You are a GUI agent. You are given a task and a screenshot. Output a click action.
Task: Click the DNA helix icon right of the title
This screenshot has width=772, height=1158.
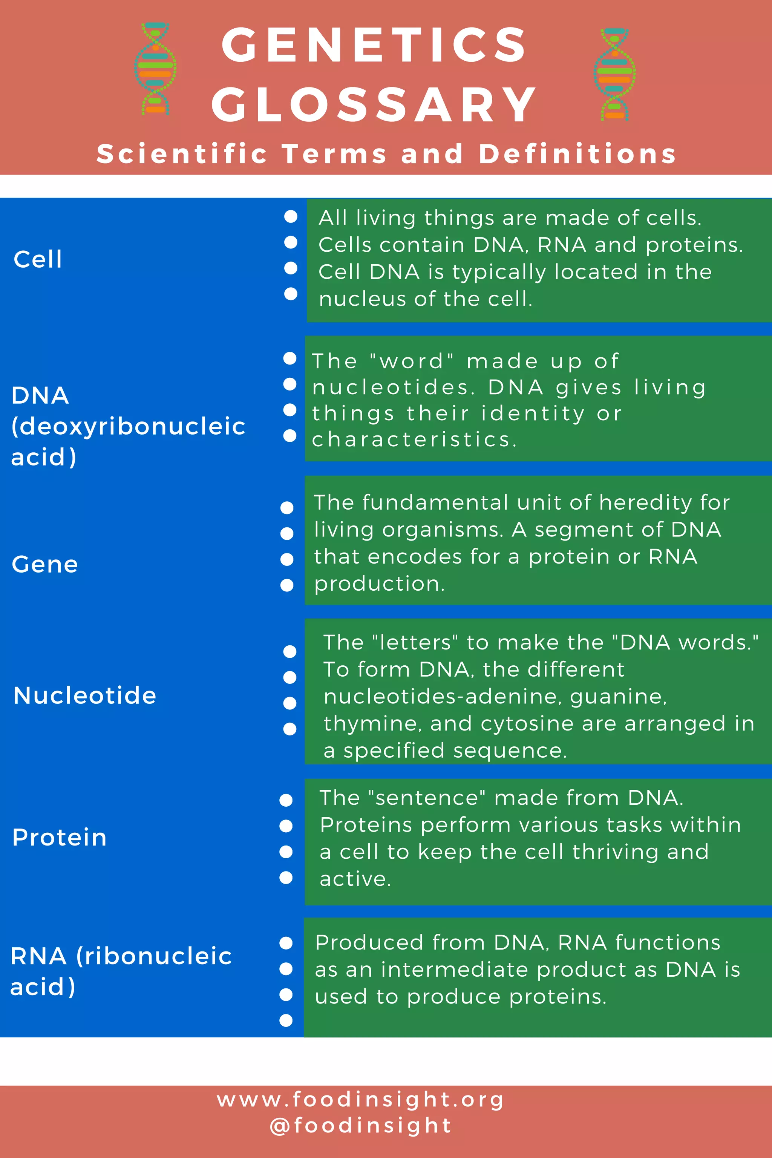pos(614,74)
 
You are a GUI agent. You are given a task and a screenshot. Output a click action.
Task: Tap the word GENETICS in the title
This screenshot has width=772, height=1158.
pos(374,45)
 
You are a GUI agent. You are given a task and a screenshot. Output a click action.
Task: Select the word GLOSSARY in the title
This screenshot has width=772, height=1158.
pos(374,105)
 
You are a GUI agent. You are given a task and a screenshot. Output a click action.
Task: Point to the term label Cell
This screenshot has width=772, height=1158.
pos(38,259)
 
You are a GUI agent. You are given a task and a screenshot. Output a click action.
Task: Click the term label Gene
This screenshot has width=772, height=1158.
pos(45,564)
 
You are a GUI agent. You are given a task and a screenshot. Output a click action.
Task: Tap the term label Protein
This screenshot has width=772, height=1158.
pos(60,838)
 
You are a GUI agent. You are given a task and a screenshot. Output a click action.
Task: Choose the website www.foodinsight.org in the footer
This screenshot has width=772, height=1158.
pos(360,1100)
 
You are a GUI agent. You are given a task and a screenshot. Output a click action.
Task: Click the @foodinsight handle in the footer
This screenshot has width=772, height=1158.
pos(360,1126)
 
